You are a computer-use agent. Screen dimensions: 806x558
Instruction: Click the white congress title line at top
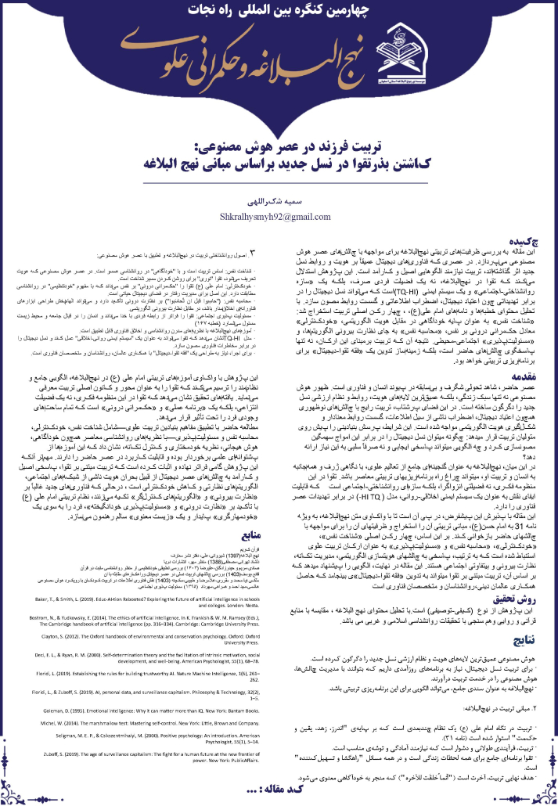click(x=279, y=14)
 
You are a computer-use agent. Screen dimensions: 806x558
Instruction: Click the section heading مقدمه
click(x=535, y=374)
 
